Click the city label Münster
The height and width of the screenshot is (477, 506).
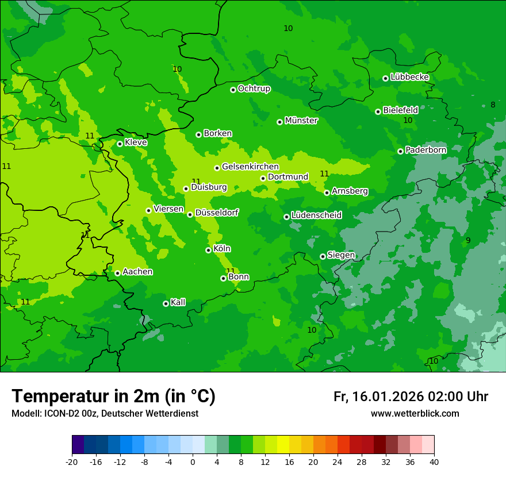pos(301,121)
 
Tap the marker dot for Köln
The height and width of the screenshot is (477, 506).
pos(208,250)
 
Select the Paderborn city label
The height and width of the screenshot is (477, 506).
pos(425,150)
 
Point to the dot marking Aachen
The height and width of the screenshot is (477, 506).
pos(117,273)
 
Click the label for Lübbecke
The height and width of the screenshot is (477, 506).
pos(409,77)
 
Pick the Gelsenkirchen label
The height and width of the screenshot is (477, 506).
pos(250,167)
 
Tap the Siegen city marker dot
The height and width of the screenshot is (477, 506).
pos(323,256)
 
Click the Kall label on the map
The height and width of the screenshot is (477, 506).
pos(178,302)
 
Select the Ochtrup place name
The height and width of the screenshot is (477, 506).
pos(254,89)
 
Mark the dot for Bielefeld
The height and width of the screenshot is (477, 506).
pos(378,111)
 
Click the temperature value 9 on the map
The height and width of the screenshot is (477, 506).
pos(468,240)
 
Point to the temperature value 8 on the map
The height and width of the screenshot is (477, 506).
pos(493,105)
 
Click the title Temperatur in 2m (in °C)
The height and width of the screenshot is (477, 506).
pos(113,396)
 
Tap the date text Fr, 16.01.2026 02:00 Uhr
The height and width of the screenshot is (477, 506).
pos(411,397)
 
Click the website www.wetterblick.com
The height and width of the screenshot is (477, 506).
pos(415,414)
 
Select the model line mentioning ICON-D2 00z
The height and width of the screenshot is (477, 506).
pos(105,414)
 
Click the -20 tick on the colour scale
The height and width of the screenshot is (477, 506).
pos(72,461)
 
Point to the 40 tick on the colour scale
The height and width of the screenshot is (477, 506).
pos(434,461)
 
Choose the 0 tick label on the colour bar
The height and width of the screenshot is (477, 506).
pos(193,461)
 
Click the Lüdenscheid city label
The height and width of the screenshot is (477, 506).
pos(316,216)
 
